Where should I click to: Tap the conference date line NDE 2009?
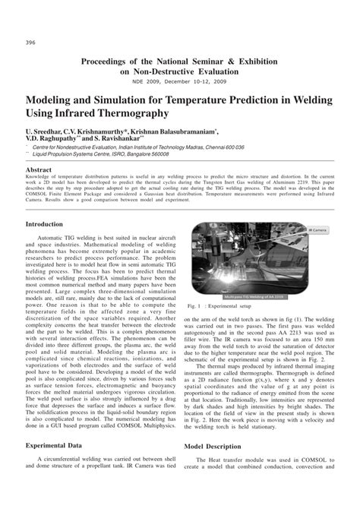tap(180, 81)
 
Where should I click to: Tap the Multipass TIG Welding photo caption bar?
tap(253, 296)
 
